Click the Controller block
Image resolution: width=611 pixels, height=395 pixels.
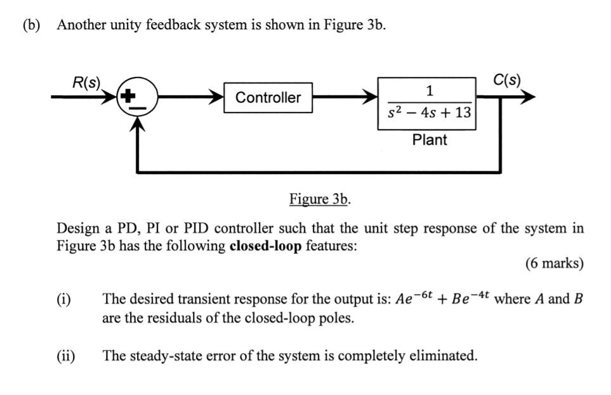[268, 98]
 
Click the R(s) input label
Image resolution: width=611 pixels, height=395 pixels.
[86, 83]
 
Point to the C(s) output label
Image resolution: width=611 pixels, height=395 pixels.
[506, 81]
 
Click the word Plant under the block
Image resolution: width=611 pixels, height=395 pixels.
[430, 140]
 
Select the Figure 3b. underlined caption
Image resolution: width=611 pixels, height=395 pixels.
[320, 199]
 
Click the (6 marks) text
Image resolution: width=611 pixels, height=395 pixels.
[554, 263]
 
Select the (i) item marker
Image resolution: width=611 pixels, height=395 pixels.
[64, 299]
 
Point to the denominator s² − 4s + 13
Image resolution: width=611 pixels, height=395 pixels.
[430, 113]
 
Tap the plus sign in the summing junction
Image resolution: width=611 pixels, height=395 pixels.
[129, 97]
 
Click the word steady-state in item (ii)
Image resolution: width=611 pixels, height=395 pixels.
[161, 355]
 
